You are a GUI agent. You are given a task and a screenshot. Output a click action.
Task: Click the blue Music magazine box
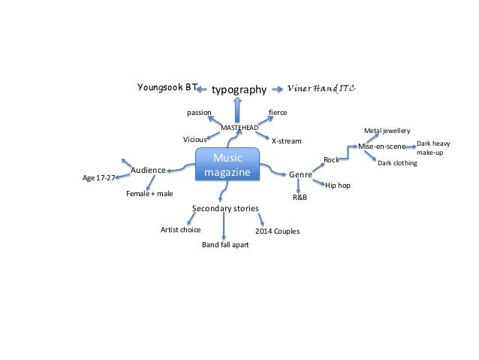click(x=227, y=165)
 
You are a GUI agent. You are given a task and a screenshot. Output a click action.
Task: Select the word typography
click(x=239, y=89)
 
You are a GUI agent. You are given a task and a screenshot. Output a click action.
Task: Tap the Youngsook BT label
click(x=166, y=87)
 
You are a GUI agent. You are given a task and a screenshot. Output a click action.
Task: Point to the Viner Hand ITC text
click(x=323, y=88)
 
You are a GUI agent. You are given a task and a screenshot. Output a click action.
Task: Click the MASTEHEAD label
click(x=239, y=128)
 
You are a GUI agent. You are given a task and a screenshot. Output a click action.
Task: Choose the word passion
click(x=199, y=113)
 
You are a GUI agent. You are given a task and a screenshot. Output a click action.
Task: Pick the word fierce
click(x=278, y=113)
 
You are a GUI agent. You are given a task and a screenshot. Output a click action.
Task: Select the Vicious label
click(x=194, y=140)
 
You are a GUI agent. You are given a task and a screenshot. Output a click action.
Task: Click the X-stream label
click(x=285, y=141)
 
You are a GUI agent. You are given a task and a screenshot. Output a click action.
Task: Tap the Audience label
click(x=148, y=171)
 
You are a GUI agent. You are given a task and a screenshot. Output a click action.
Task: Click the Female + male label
click(x=149, y=193)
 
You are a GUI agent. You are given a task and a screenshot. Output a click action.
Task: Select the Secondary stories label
click(x=225, y=207)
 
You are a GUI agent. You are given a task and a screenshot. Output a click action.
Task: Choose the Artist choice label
click(x=181, y=230)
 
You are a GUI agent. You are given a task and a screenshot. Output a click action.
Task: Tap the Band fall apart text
click(x=225, y=245)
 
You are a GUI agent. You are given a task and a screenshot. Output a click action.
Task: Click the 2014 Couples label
click(x=278, y=231)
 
